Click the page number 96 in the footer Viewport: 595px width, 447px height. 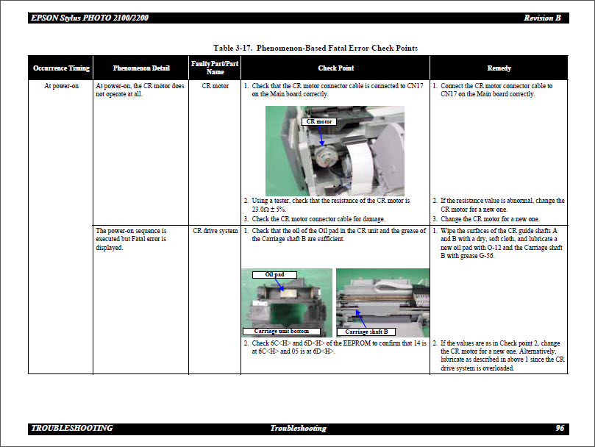560,429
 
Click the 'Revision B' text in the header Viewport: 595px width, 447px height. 542,18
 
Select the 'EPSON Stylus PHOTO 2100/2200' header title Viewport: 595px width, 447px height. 90,18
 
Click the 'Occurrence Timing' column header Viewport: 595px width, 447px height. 61,68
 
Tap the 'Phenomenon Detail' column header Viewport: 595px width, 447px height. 141,68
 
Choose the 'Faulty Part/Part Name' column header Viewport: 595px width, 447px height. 215,68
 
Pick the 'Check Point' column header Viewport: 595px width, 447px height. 335,68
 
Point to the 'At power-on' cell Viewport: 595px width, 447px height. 61,86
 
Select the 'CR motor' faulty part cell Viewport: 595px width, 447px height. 215,86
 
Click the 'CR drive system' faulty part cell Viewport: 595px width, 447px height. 215,231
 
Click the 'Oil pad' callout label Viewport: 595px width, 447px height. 274,274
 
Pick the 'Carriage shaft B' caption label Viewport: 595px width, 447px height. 366,332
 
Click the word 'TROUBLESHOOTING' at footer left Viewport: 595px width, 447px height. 72,429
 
